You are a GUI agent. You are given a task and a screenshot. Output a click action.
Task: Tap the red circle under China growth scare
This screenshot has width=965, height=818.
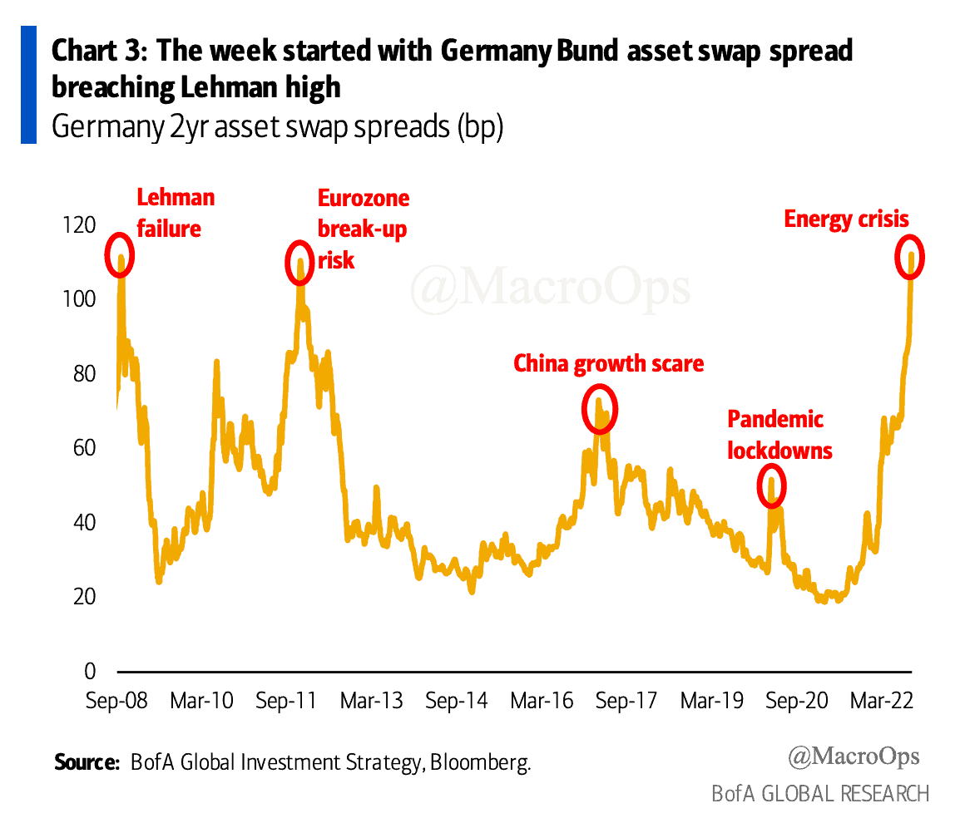pyautogui.click(x=599, y=408)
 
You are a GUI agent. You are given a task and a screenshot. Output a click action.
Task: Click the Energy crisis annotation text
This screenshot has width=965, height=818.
pyautogui.click(x=847, y=219)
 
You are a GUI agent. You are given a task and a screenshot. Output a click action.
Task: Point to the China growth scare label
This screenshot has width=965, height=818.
pyautogui.click(x=608, y=363)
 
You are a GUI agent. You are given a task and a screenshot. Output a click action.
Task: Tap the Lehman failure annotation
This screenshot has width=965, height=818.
pyautogui.click(x=175, y=212)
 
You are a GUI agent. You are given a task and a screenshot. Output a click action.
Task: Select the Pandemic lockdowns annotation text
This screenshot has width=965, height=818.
pyautogui.click(x=779, y=435)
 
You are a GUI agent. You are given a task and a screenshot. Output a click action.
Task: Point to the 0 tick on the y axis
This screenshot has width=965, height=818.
pyautogui.click(x=89, y=671)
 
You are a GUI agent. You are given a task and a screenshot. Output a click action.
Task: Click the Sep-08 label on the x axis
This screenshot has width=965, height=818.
pyautogui.click(x=116, y=701)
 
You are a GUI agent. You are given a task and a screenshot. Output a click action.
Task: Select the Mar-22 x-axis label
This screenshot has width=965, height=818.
pyautogui.click(x=883, y=701)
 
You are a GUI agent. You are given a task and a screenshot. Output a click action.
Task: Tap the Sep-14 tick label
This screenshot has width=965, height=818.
pyautogui.click(x=456, y=701)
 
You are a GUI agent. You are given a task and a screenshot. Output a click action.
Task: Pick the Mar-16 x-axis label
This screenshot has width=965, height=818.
pyautogui.click(x=542, y=701)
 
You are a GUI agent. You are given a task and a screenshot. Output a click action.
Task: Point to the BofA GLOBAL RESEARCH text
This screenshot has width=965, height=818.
pyautogui.click(x=819, y=793)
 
